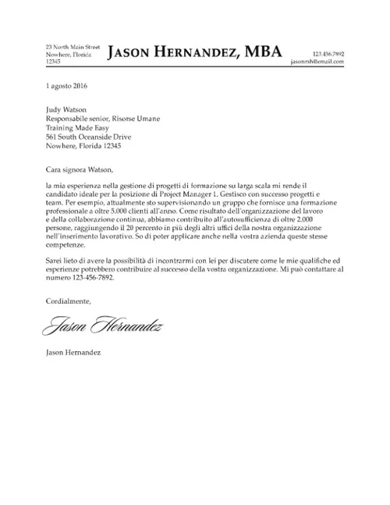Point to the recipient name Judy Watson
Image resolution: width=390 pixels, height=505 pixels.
click(x=66, y=110)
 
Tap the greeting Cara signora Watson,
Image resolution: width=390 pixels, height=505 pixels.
click(x=80, y=167)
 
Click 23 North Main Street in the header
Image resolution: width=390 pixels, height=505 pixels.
click(x=73, y=48)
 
